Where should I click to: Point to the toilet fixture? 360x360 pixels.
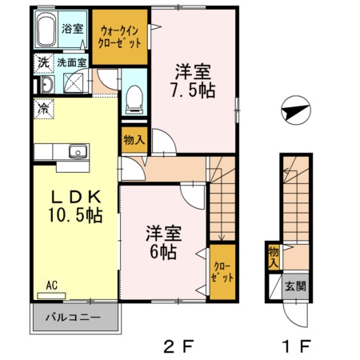point(134,98)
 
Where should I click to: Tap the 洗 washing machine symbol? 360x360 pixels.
point(40,60)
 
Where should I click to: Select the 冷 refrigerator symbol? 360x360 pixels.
point(41,106)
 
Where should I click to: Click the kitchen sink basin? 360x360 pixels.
point(78,151)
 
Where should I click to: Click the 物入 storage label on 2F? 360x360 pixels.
point(134,140)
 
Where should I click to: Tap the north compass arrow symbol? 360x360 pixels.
point(295,110)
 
